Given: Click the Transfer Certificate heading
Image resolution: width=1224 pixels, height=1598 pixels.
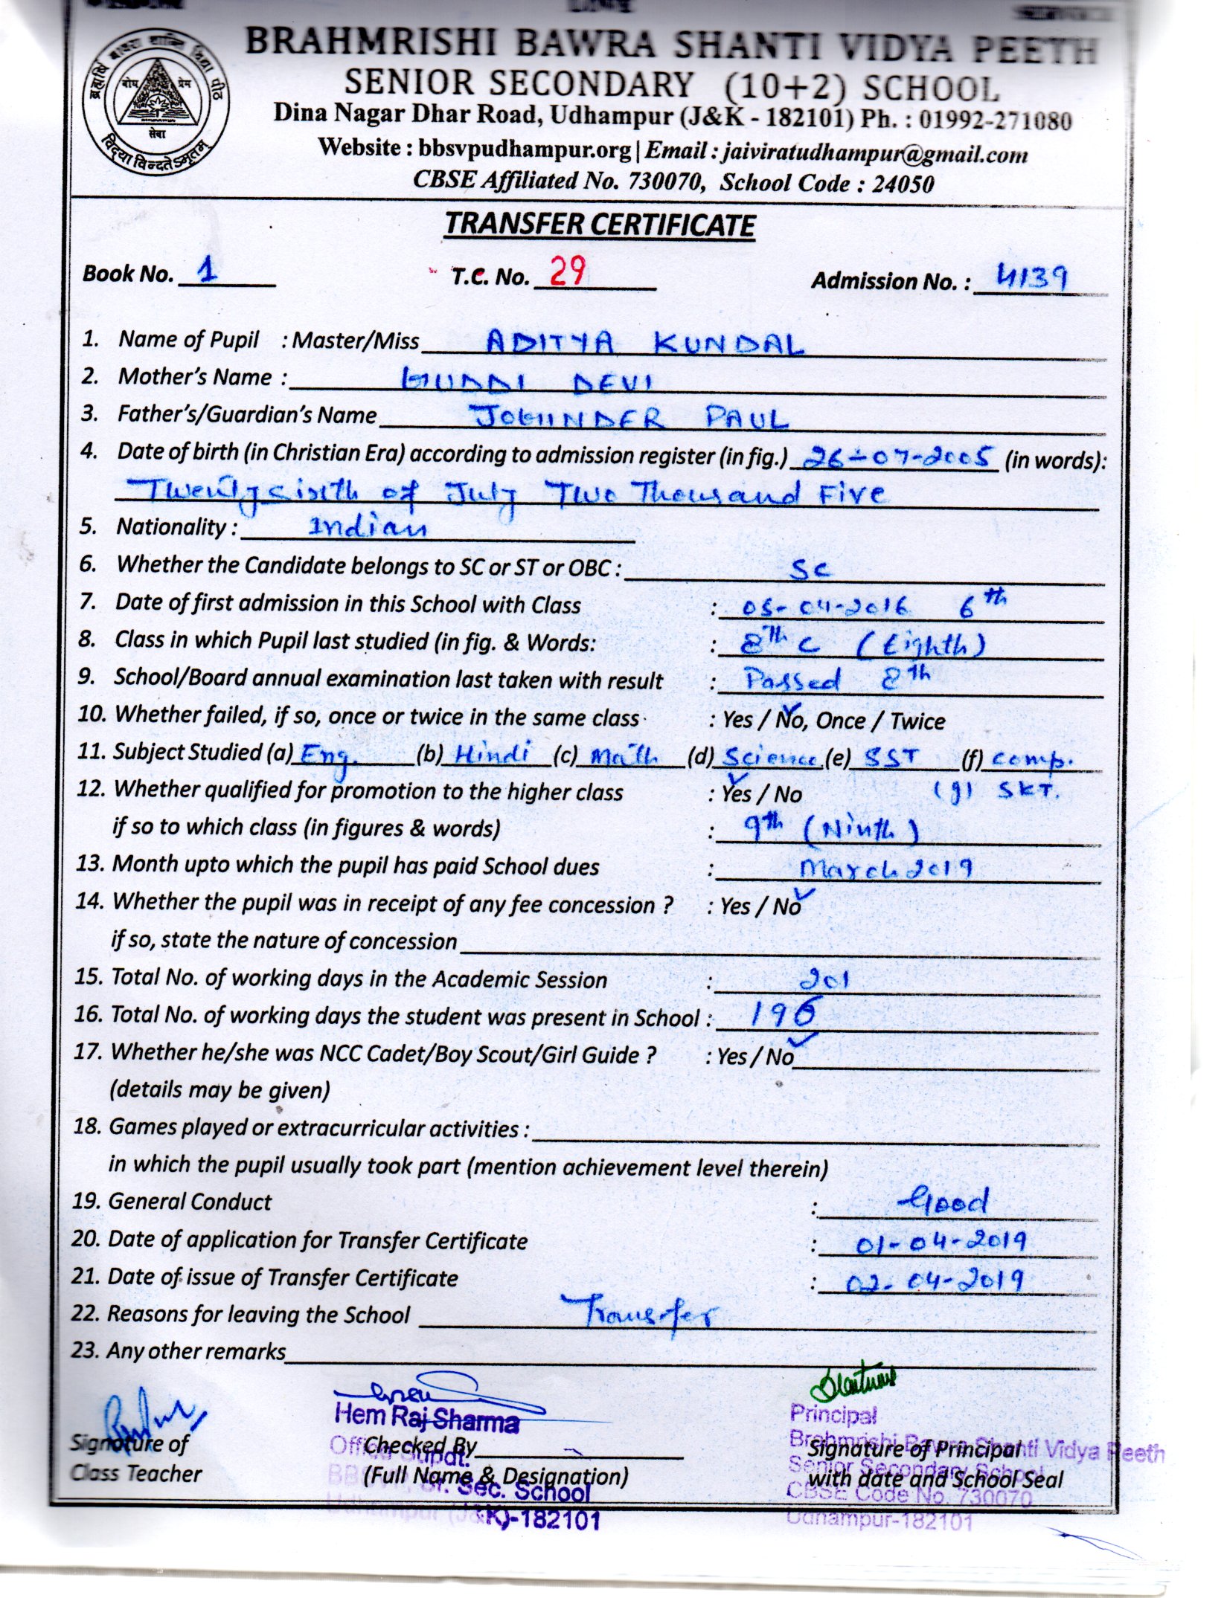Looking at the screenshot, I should pyautogui.click(x=599, y=225).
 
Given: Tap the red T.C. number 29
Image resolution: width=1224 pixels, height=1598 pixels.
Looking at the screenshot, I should pyautogui.click(x=567, y=271).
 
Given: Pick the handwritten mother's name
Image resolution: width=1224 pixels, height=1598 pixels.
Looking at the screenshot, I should pyautogui.click(x=526, y=381).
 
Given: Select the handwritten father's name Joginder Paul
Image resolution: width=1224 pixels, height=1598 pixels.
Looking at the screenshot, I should pyautogui.click(x=631, y=419).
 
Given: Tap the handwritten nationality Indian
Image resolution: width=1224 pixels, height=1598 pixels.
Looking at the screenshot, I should pyautogui.click(x=368, y=527).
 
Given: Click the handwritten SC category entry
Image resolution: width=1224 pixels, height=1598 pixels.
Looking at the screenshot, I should pyautogui.click(x=810, y=569).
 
